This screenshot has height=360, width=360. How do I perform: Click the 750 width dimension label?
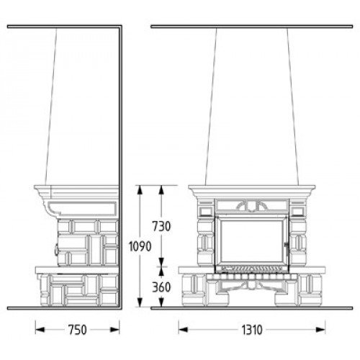[77, 330]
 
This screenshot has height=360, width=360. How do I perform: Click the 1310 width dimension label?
[252, 330]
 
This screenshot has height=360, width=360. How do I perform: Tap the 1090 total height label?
[140, 246]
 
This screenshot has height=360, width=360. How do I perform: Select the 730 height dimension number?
[161, 226]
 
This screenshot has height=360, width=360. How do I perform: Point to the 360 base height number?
[161, 287]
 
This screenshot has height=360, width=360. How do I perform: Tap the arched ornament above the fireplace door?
[251, 207]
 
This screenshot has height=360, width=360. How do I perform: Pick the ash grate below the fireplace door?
[251, 269]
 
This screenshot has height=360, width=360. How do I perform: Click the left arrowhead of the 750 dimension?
[40, 330]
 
